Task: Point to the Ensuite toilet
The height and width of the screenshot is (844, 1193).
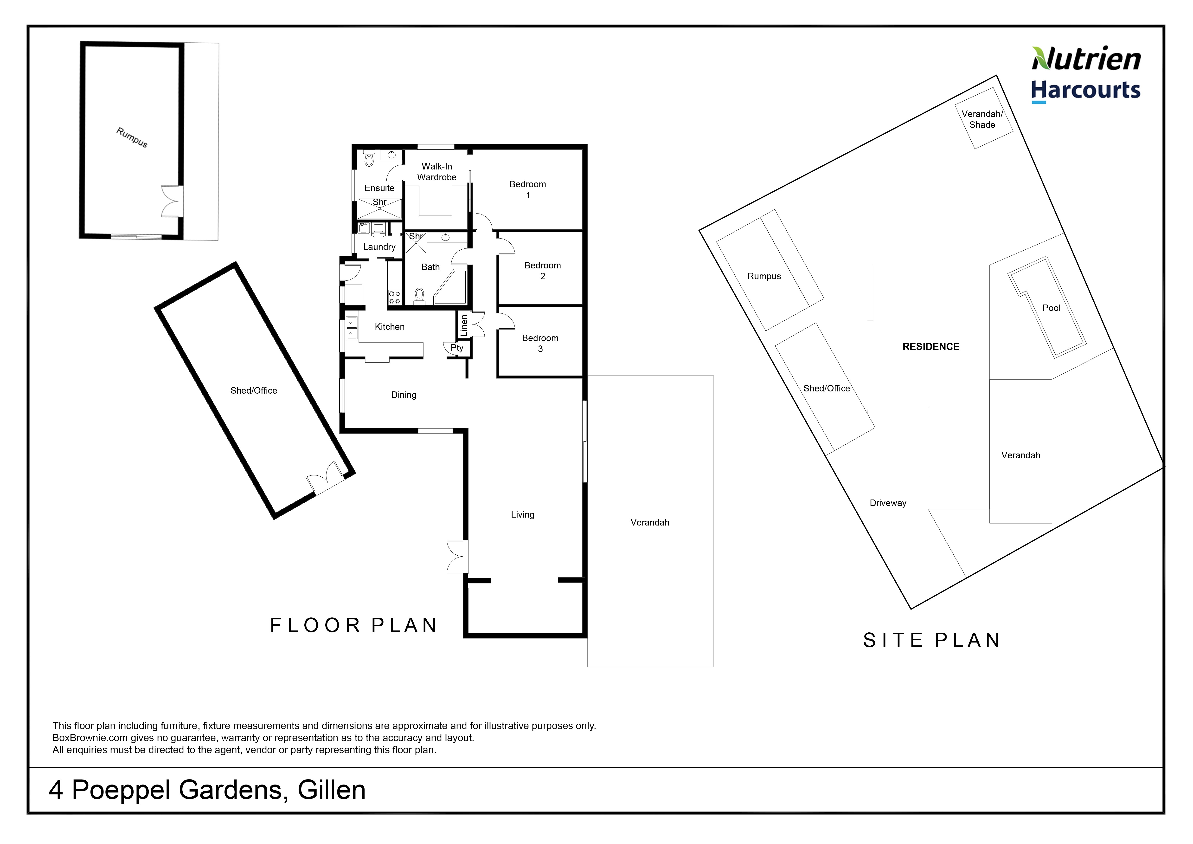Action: (x=369, y=157)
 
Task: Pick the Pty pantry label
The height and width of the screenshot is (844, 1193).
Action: (x=457, y=348)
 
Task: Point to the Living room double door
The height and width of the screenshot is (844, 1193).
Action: (x=457, y=557)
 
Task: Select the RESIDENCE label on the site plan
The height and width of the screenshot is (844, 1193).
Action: (x=930, y=347)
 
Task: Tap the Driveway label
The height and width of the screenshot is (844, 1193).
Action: (x=888, y=503)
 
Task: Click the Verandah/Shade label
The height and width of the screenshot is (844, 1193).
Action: (x=982, y=119)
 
